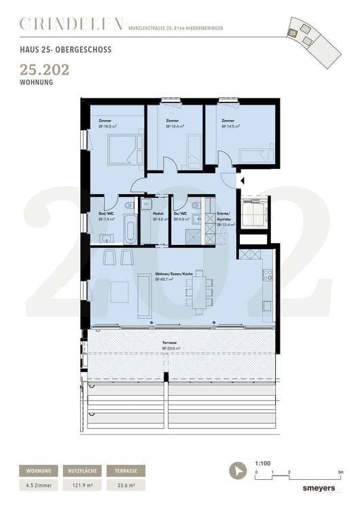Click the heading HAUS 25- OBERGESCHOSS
[x=66, y=50]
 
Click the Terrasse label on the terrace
[x=169, y=343]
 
